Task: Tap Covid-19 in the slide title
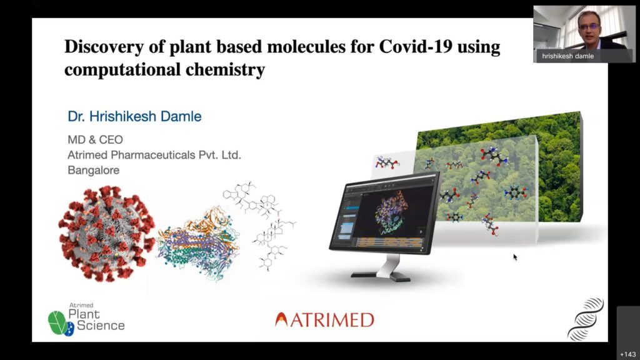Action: (416, 46)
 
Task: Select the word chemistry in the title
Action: (225, 69)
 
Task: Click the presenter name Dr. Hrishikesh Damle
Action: (135, 116)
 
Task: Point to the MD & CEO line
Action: (95, 139)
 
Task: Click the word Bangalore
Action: (94, 170)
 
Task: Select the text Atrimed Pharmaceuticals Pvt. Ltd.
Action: (154, 155)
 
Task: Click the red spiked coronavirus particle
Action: (107, 234)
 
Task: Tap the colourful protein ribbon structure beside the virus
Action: (198, 243)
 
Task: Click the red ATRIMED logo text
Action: (325, 320)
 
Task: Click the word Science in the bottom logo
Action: (101, 325)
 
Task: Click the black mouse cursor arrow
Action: (515, 257)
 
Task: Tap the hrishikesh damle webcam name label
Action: (567, 56)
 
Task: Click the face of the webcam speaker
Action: (589, 27)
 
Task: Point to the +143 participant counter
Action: (627, 354)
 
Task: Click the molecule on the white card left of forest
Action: (386, 162)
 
